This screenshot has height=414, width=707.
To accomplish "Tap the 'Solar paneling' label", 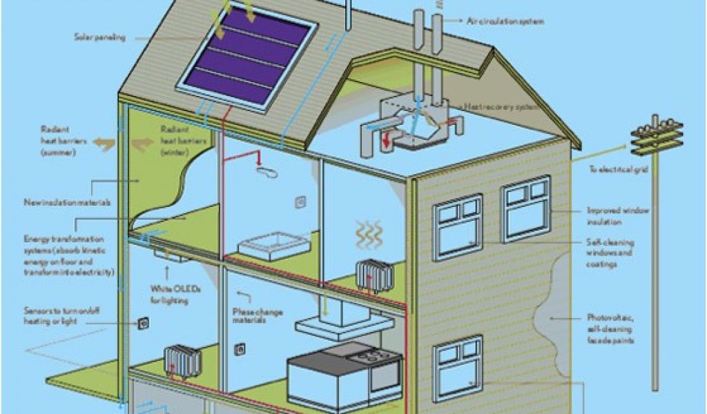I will pyautogui.click(x=101, y=37).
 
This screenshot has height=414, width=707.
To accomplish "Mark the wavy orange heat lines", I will pyautogui.click(x=369, y=235).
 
